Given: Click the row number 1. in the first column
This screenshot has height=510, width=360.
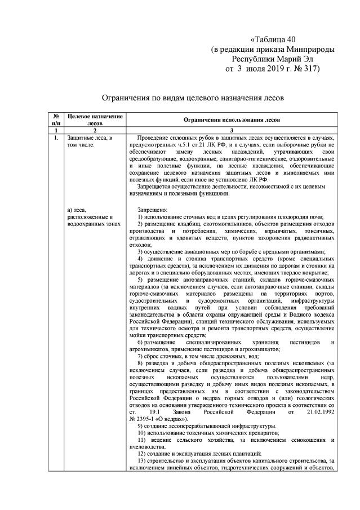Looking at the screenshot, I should click(56, 138).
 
